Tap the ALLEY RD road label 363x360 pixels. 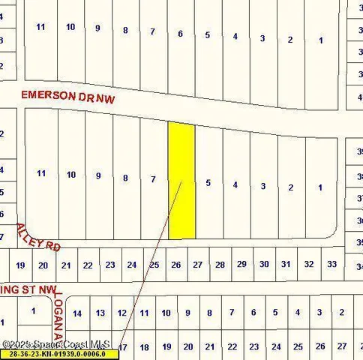point(38,237)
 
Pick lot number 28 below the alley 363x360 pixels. point(220,265)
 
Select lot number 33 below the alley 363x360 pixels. point(331,264)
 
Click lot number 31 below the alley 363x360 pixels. point(286,264)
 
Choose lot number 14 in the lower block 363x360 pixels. point(78,313)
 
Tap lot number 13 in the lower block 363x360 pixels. point(100,313)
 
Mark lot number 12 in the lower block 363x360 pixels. point(122,313)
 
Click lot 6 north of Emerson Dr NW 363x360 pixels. point(180,33)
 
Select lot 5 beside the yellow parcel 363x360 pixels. point(208,182)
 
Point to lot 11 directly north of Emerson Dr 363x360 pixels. point(40,27)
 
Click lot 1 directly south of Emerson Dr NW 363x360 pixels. point(320,187)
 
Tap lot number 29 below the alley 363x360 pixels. point(241,264)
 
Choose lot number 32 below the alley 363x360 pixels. point(308,264)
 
